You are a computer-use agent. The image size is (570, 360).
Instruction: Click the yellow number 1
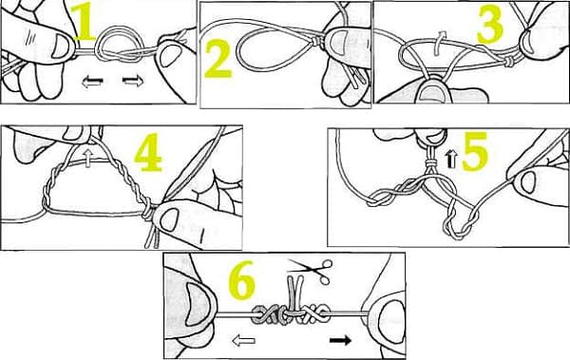tap(85, 23)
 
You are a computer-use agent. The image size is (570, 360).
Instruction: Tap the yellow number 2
tap(219, 59)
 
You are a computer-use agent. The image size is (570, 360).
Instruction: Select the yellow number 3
tap(490, 25)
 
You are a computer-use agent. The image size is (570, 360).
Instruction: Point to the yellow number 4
tap(148, 152)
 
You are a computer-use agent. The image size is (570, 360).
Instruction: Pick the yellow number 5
tap(475, 151)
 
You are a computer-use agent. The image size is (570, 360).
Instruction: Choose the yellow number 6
tap(241, 280)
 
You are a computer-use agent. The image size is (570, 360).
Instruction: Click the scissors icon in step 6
tap(310, 270)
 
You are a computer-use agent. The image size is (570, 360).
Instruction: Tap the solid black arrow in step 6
tap(341, 340)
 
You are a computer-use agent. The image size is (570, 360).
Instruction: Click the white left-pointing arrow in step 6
tap(243, 341)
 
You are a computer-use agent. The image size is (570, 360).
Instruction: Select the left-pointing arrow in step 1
tap(92, 82)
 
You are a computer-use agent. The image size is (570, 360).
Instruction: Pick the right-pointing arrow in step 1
tap(133, 81)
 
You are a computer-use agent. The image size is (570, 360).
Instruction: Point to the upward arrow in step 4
tap(87, 160)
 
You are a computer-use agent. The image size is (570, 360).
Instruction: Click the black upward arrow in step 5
tap(451, 160)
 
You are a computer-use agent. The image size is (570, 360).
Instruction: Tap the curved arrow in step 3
tap(440, 43)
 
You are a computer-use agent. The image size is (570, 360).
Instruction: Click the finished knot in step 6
tap(291, 313)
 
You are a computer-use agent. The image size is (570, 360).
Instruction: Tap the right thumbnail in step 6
tap(391, 320)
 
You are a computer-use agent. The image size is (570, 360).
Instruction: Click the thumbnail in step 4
tap(168, 220)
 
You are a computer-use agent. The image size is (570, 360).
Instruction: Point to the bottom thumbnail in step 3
tap(434, 94)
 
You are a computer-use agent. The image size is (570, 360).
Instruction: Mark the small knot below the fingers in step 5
tap(432, 162)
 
